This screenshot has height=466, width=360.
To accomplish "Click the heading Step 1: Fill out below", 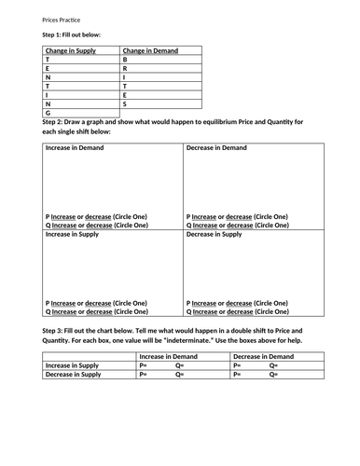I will [x=73, y=34].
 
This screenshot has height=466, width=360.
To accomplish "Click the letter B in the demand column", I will [x=125, y=59].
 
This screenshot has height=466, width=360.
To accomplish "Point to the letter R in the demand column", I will [x=125, y=68].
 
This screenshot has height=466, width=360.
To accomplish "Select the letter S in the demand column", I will [x=125, y=104].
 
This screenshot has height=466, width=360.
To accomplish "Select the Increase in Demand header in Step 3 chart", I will [x=170, y=356].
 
